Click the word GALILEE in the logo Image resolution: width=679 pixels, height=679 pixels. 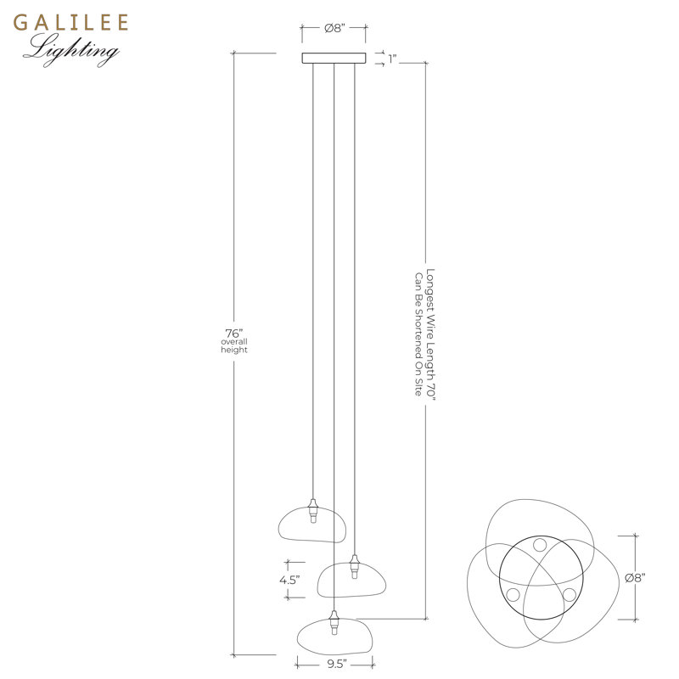click(x=70, y=23)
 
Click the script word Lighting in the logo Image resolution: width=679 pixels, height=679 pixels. click(x=71, y=50)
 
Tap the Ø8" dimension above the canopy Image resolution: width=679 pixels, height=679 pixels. click(x=334, y=28)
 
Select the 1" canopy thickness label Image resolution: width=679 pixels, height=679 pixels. click(x=393, y=59)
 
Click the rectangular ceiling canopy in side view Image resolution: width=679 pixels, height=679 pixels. click(x=334, y=58)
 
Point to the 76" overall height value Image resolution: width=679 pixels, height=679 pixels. click(x=234, y=334)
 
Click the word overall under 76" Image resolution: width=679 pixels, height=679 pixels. click(x=234, y=342)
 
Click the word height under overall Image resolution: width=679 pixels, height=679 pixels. click(x=234, y=350)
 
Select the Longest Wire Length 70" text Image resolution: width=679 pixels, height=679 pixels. click(x=430, y=334)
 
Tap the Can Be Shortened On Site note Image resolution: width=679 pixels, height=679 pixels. click(x=418, y=334)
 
